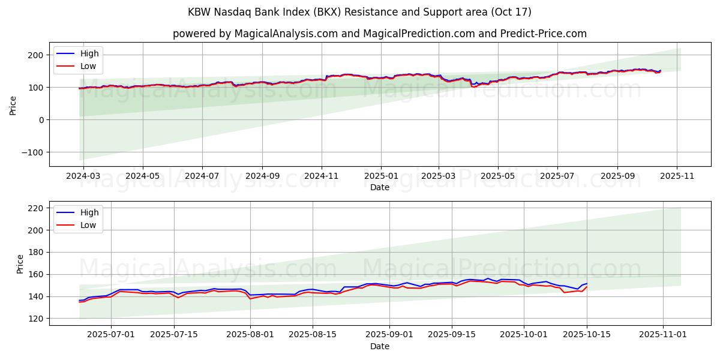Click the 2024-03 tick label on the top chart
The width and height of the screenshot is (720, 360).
click(x=83, y=176)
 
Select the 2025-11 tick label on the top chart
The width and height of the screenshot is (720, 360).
click(x=677, y=176)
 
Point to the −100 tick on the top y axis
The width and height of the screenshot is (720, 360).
click(x=34, y=152)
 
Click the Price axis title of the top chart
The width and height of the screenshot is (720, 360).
click(x=13, y=105)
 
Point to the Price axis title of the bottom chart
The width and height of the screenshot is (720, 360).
click(x=20, y=264)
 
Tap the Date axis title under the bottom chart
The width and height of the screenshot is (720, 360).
click(x=379, y=346)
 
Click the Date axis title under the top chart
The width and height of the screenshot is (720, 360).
click(x=379, y=187)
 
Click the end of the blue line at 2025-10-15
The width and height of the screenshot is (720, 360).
click(x=587, y=283)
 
